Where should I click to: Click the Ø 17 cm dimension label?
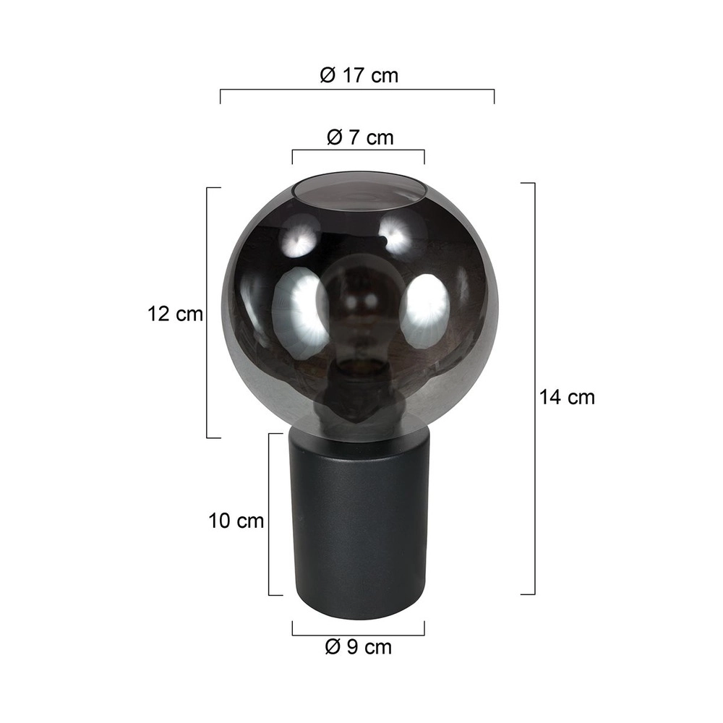[x=359, y=75]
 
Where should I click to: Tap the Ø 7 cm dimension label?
[x=359, y=137]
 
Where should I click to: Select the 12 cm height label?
[x=174, y=315]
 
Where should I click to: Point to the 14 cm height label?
[x=566, y=397]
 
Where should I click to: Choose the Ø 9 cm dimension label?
[x=359, y=647]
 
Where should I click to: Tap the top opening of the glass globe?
[x=358, y=189]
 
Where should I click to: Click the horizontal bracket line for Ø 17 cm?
[x=357, y=90]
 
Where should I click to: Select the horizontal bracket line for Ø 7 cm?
[x=358, y=151]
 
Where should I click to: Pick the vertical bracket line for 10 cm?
[x=269, y=515]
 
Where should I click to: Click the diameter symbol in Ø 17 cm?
[x=327, y=75]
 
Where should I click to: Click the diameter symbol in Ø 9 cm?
[x=332, y=647]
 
